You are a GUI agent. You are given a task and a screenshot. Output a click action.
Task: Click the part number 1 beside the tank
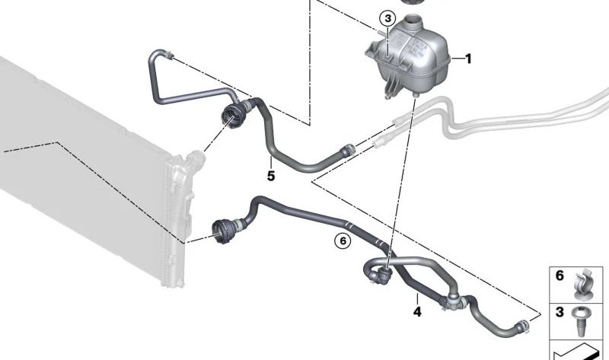pyautogui.click(x=469, y=59)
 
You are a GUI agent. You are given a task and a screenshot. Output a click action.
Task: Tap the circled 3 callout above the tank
pyautogui.click(x=387, y=18)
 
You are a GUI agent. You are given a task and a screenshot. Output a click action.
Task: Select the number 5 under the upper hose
pyautogui.click(x=270, y=176)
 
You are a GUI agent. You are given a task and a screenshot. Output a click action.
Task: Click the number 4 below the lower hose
pyautogui.click(x=416, y=311)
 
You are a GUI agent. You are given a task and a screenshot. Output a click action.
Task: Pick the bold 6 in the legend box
pyautogui.click(x=560, y=276)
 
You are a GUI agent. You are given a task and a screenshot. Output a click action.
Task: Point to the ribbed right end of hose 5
pyautogui.click(x=348, y=151)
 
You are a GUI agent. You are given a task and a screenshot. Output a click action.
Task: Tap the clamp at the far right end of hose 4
pyautogui.click(x=525, y=328)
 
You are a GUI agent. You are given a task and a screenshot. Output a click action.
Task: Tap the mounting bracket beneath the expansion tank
pyautogui.click(x=392, y=88)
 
